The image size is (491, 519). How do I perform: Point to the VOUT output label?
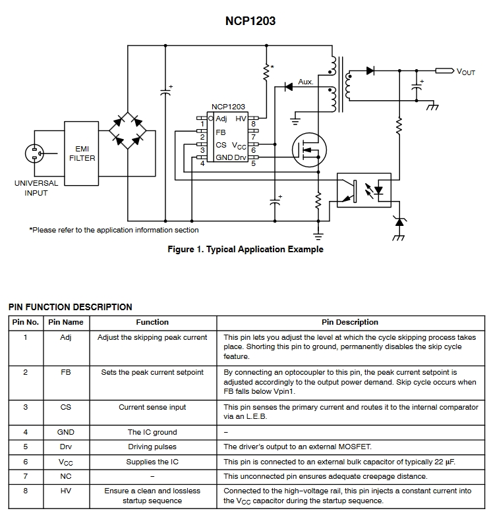coord(465,72)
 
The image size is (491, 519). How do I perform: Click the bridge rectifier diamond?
coord(127,129)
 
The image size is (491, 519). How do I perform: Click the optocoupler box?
coord(364,190)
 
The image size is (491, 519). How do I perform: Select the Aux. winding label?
coord(306,82)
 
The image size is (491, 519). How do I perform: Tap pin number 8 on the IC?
coord(253,124)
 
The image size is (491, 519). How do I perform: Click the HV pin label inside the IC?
coord(241,119)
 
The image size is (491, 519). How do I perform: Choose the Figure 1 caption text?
coord(245,250)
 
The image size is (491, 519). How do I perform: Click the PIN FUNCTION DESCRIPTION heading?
coord(70,307)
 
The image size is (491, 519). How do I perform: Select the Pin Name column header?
coord(66,322)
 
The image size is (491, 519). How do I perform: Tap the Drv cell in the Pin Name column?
coord(66,447)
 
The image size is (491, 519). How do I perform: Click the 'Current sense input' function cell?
coord(152,407)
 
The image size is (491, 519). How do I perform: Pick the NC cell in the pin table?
coord(66,476)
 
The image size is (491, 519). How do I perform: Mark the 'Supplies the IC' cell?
coord(152,462)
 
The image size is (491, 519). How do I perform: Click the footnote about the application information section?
coord(113,230)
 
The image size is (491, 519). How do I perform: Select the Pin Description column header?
coord(349,322)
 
